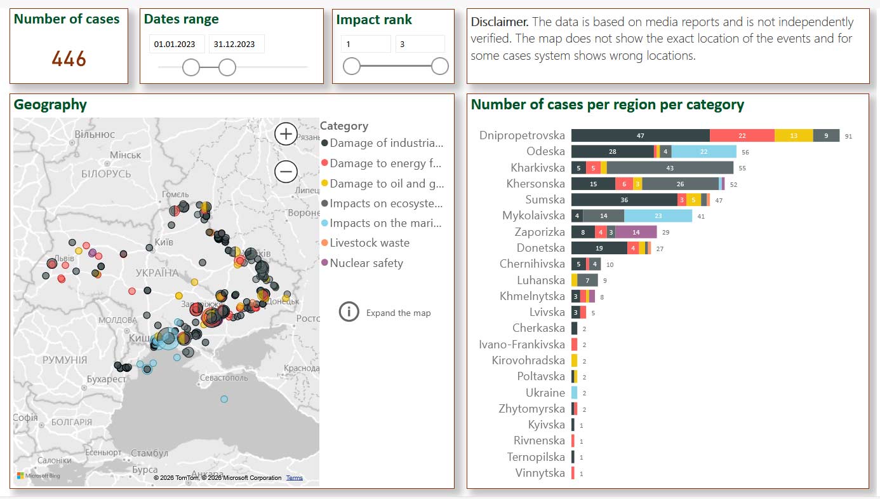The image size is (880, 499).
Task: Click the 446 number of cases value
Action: (69, 59)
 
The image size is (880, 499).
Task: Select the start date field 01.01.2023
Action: (177, 44)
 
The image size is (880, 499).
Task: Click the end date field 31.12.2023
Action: (236, 44)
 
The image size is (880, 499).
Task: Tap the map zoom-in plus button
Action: (286, 134)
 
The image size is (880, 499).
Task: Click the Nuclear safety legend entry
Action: (366, 263)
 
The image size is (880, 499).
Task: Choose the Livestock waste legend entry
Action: (369, 243)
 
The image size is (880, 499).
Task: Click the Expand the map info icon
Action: (349, 312)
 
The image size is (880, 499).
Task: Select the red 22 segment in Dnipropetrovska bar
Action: (742, 135)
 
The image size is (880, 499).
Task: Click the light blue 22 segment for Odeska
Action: (703, 151)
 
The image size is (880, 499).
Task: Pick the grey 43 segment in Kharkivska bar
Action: (670, 168)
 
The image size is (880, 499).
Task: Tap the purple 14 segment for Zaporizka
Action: (636, 233)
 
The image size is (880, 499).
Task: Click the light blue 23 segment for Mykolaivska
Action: (658, 216)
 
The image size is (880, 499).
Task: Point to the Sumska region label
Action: (541, 200)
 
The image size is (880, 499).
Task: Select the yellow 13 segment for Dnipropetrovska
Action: (794, 135)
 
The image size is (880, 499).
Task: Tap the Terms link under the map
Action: (294, 478)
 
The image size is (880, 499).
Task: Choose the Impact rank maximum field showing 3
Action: (419, 44)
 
